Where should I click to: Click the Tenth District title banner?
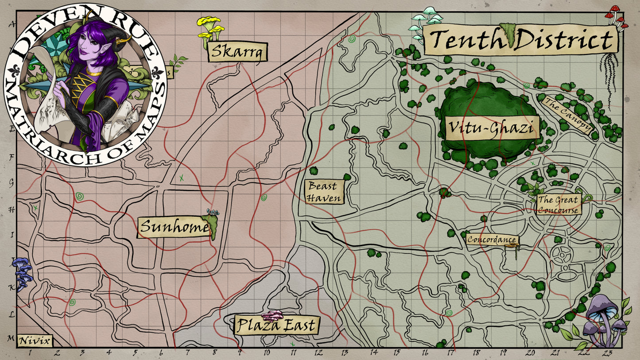520,40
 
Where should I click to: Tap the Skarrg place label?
237,52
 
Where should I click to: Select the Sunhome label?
174,228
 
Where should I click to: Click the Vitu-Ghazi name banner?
492,128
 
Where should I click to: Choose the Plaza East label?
276,326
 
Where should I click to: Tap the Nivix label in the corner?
35,341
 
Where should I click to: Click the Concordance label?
492,240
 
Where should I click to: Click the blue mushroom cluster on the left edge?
22,273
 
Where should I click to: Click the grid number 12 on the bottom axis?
318,353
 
